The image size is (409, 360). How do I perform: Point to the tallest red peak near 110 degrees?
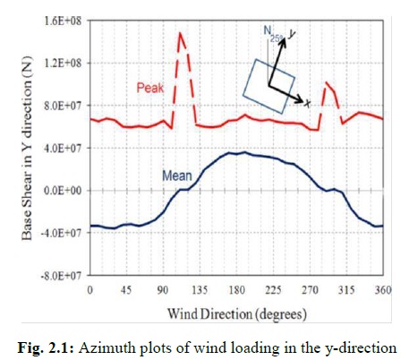click(180, 34)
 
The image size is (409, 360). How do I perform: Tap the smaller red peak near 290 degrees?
click(326, 83)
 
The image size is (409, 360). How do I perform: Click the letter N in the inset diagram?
click(267, 30)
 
